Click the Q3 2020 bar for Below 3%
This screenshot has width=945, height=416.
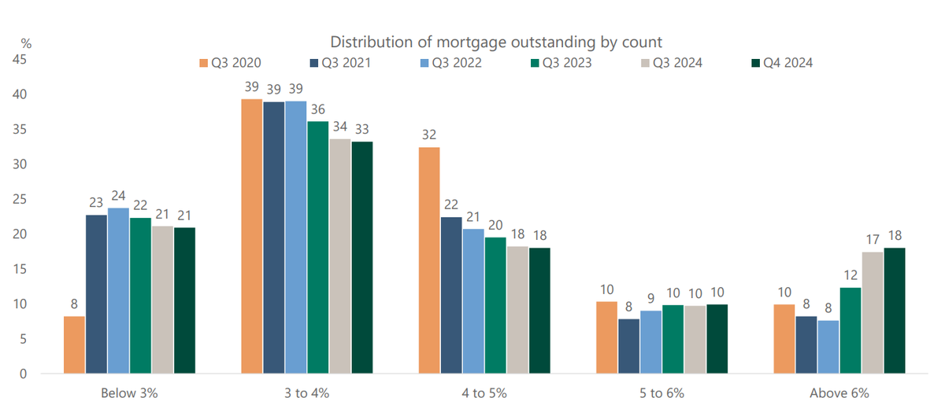(x=74, y=344)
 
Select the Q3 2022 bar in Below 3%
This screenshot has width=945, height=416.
(x=119, y=291)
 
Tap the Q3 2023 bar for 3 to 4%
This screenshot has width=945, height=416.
(x=317, y=248)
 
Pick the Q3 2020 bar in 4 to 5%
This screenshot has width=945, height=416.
(x=429, y=260)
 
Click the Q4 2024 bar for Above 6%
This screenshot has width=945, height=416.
(x=895, y=311)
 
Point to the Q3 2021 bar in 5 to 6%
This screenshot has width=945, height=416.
(x=629, y=346)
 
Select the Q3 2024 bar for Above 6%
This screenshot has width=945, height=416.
(x=873, y=313)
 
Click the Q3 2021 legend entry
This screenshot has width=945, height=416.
(x=340, y=63)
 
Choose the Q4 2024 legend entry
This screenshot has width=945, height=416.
(x=782, y=63)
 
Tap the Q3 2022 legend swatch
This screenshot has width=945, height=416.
(x=424, y=63)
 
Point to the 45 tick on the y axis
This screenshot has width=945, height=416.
(x=20, y=60)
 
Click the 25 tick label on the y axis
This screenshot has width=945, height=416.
(x=20, y=199)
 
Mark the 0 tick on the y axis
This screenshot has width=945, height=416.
(x=23, y=374)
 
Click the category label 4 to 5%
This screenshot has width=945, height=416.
(x=484, y=393)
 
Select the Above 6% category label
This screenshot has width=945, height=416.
(x=839, y=393)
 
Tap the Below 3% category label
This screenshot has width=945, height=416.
(x=129, y=393)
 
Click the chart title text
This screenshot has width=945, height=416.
(x=496, y=42)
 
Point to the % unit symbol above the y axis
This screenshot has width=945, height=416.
(x=26, y=43)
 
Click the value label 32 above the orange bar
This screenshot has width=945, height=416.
(x=429, y=134)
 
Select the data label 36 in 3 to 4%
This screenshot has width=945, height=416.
(x=318, y=109)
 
